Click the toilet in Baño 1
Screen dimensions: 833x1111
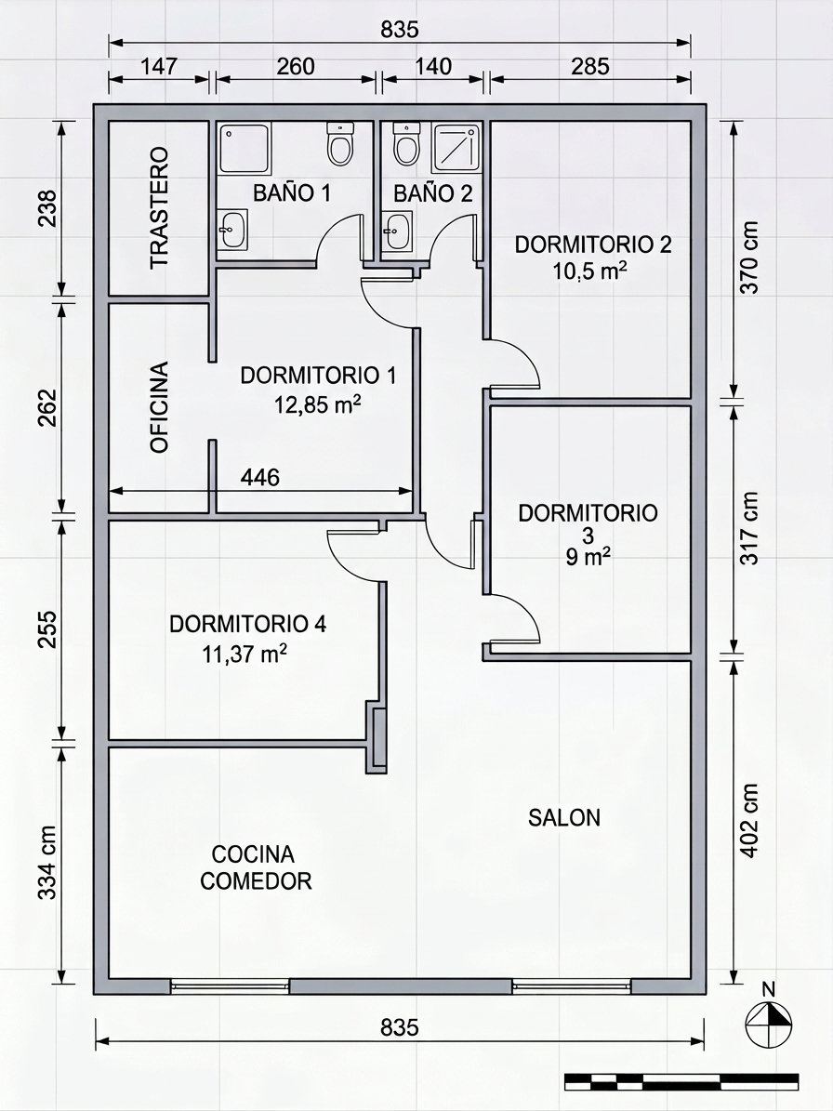pyautogui.click(x=340, y=144)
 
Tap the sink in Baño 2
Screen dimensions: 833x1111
pyautogui.click(x=395, y=229)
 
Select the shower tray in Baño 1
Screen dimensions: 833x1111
pyautogui.click(x=244, y=148)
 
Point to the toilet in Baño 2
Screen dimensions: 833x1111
pyautogui.click(x=406, y=144)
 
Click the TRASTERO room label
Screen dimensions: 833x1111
pyautogui.click(x=160, y=207)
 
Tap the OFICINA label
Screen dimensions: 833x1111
pyautogui.click(x=160, y=407)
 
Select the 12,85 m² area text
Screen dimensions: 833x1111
pyautogui.click(x=318, y=404)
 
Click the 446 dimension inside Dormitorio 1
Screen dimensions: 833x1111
pyautogui.click(x=260, y=477)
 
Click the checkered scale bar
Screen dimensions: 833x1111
pyautogui.click(x=681, y=1081)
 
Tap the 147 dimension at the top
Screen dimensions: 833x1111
pyautogui.click(x=158, y=66)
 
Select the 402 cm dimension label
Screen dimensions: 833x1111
pyautogui.click(x=750, y=820)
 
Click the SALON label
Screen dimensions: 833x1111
pyautogui.click(x=563, y=817)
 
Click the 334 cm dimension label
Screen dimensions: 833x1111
pyautogui.click(x=46, y=862)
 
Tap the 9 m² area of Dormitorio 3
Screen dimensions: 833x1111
pyautogui.click(x=588, y=557)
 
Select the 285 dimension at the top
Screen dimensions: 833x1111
pyautogui.click(x=589, y=66)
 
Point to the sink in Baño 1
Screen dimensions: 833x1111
pyautogui.click(x=232, y=229)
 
